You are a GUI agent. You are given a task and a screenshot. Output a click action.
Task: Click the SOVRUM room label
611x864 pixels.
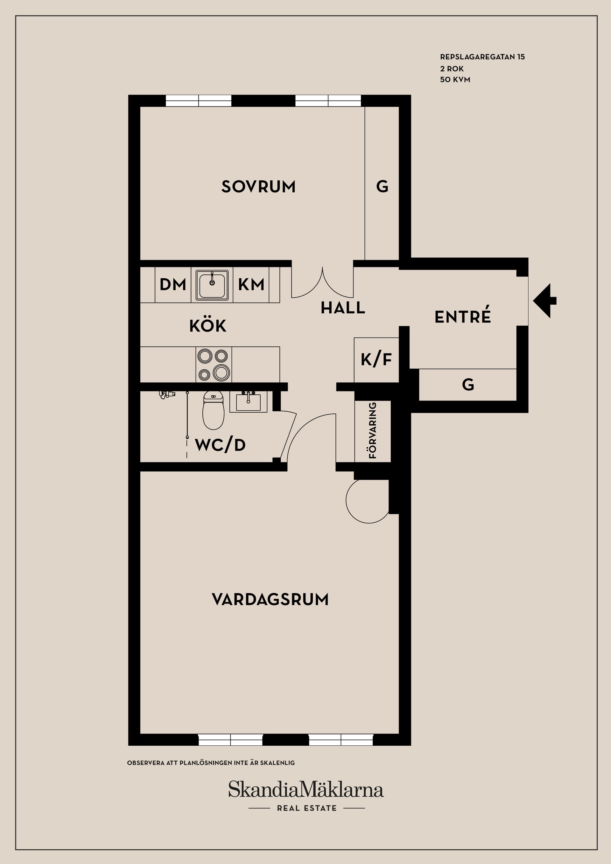point(258,187)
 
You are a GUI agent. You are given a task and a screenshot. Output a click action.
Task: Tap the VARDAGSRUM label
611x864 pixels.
point(270,599)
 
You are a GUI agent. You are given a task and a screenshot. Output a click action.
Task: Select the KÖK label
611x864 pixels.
point(208,326)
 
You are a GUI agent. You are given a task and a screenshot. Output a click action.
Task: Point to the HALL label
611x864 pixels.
point(343,308)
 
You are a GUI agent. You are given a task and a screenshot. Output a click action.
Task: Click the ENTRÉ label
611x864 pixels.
point(463,317)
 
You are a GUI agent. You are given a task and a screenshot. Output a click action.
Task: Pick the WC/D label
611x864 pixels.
point(220,445)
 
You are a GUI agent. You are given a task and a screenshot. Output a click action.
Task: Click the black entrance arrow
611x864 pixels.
point(544,301)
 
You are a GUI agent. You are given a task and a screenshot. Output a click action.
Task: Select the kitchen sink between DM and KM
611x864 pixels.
point(212,285)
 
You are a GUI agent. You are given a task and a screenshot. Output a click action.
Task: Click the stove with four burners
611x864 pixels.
point(214,364)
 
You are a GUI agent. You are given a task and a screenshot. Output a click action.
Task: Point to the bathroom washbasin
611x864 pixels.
point(248,402)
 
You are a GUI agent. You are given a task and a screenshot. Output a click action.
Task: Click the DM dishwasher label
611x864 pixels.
point(173,284)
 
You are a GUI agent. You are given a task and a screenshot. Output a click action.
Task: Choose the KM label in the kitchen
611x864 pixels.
point(251,284)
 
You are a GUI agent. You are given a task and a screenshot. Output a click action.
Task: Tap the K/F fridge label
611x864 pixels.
point(376,360)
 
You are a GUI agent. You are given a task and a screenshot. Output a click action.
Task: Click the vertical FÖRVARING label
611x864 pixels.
point(373,430)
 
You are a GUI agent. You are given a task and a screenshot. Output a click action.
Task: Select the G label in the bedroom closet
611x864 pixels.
point(382,186)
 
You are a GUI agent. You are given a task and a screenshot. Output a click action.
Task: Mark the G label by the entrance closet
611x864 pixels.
point(468,385)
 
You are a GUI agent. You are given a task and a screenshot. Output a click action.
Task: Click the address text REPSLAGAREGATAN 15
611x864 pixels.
point(482,57)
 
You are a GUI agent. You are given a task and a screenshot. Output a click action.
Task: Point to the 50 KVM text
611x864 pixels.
point(455,80)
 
